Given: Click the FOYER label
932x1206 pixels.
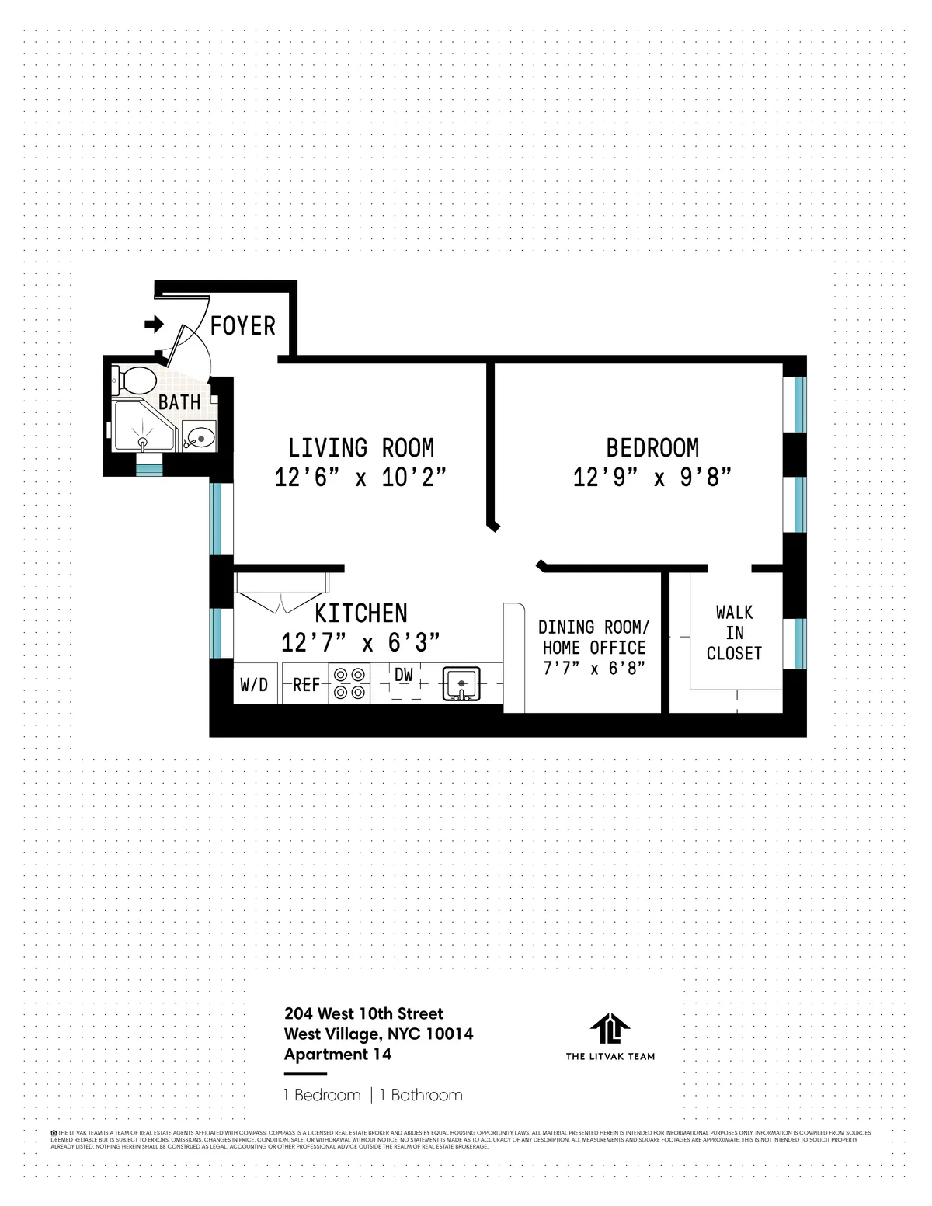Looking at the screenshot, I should [243, 325].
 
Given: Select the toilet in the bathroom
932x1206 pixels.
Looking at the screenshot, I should [137, 381].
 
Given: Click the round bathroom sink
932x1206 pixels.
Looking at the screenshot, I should [198, 438].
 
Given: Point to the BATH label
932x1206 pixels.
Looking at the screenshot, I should [179, 402].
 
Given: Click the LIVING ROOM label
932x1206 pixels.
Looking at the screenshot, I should [361, 448].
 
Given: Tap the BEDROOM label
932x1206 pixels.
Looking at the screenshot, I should [652, 448].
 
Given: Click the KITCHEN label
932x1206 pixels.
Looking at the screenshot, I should [361, 613].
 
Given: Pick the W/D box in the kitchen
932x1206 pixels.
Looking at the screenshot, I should [254, 685].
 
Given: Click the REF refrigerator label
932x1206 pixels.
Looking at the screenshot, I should [306, 685].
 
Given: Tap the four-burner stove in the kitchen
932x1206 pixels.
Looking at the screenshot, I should [349, 684].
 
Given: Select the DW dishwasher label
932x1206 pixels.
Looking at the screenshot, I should [404, 676].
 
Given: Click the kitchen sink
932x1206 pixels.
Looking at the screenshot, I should [462, 684].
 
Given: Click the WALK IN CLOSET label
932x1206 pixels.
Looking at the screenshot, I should [734, 633].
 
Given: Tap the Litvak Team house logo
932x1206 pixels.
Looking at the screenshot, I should [610, 1029].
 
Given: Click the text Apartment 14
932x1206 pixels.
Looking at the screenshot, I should [338, 1055].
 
